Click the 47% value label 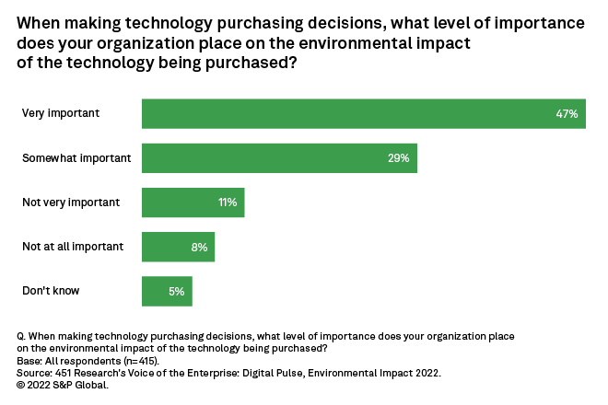click(x=567, y=114)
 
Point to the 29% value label click(x=399, y=158)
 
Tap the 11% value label click(x=227, y=202)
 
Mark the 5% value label click(x=177, y=291)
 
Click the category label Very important click(x=61, y=113)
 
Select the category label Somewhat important click(x=76, y=157)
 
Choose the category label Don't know click(x=51, y=291)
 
